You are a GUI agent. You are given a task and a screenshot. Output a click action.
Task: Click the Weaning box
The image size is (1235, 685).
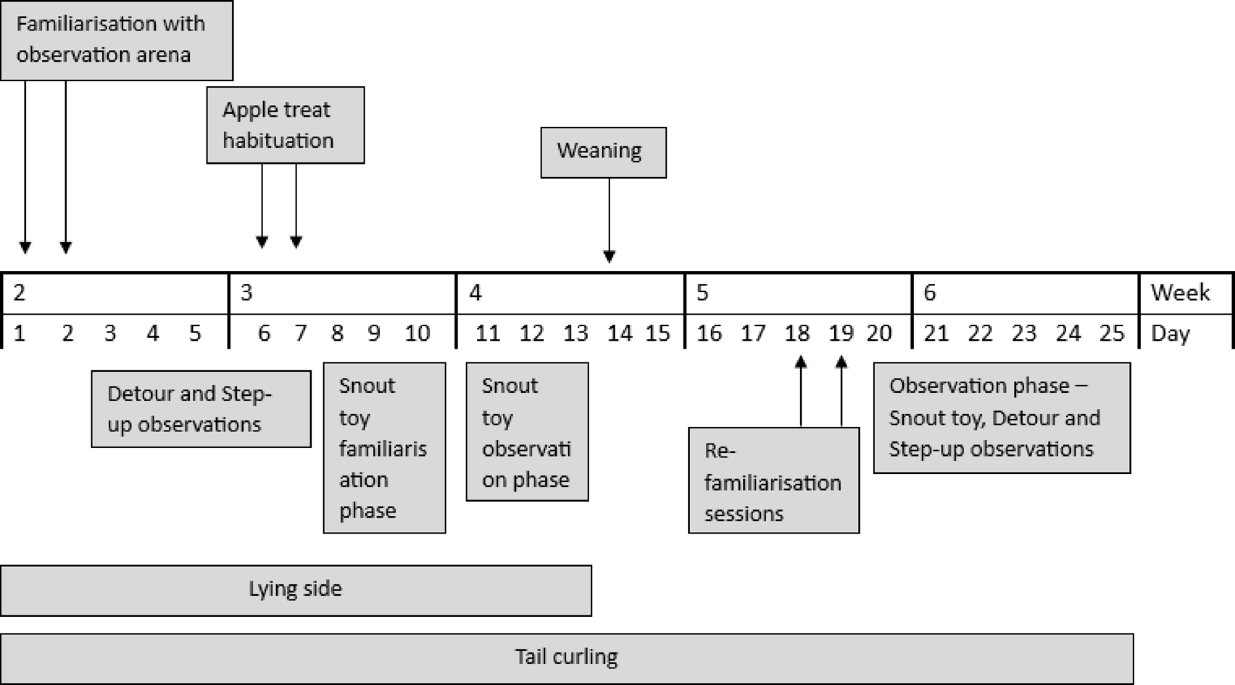pyautogui.click(x=603, y=152)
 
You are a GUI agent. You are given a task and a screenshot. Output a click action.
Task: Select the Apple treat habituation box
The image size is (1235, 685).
pyautogui.click(x=285, y=125)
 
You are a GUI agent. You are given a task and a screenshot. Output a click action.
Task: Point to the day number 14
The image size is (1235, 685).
pyautogui.click(x=620, y=333)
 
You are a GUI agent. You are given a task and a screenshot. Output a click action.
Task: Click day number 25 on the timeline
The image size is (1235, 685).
pyautogui.click(x=1112, y=333)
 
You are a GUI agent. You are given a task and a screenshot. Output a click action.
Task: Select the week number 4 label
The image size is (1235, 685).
pyautogui.click(x=475, y=293)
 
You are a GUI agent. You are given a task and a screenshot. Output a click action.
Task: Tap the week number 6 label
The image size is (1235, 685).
pyautogui.click(x=930, y=293)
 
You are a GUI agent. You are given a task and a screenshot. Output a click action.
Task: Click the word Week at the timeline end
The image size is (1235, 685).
pyautogui.click(x=1180, y=293)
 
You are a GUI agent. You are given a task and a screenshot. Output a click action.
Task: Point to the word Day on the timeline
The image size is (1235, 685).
pyautogui.click(x=1170, y=333)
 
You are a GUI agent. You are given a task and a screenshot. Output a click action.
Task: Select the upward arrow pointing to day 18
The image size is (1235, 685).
pyautogui.click(x=801, y=391)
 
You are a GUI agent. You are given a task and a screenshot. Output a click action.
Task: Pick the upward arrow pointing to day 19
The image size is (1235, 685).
pyautogui.click(x=841, y=391)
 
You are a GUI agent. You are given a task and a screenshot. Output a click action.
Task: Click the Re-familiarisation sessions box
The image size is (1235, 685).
pyautogui.click(x=773, y=481)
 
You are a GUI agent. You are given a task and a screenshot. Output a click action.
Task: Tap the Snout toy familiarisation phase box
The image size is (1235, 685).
pyautogui.click(x=384, y=448)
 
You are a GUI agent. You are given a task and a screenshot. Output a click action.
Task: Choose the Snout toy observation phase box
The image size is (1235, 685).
pyautogui.click(x=527, y=432)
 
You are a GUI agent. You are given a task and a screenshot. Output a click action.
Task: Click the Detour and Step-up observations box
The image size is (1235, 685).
pyautogui.click(x=201, y=410)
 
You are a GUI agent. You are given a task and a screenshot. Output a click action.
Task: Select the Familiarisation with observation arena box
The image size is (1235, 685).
pyautogui.click(x=116, y=40)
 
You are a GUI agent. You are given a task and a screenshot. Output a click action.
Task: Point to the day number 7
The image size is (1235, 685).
pyautogui.click(x=300, y=333)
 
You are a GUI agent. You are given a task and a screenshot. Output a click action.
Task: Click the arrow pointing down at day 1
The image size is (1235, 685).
pyautogui.click(x=25, y=167)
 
